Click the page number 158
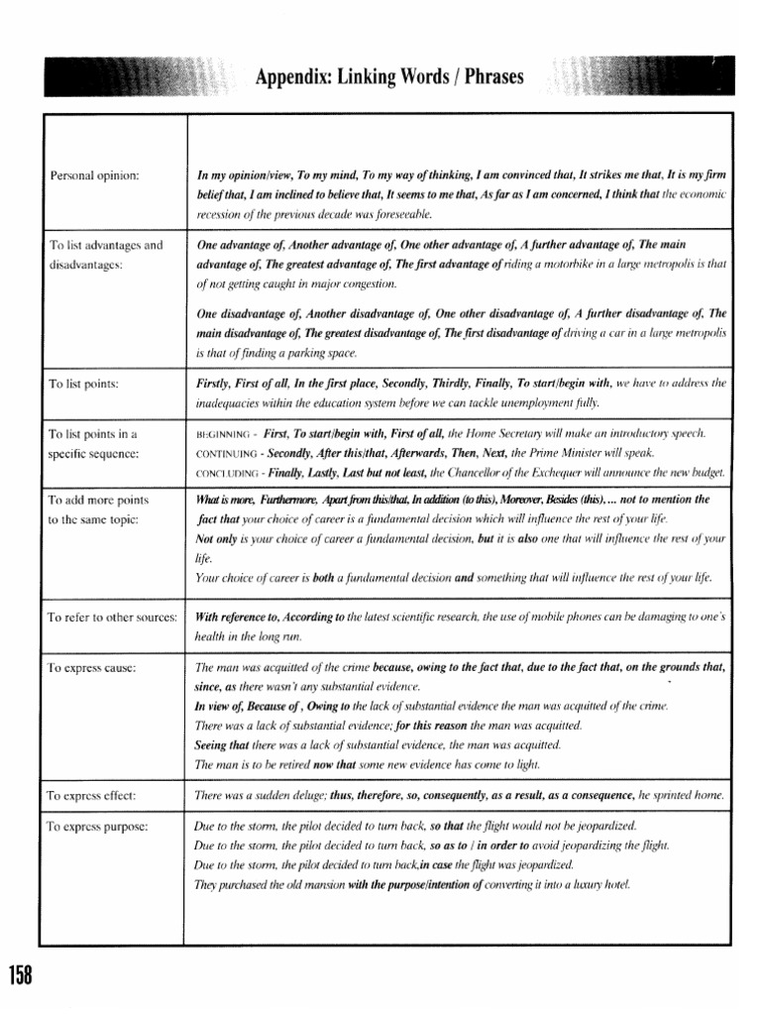(x=20, y=975)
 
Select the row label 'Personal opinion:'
(x=94, y=175)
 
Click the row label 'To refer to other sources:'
(x=112, y=618)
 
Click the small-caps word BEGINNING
(x=225, y=434)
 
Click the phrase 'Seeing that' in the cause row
(x=222, y=744)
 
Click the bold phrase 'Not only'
(x=218, y=539)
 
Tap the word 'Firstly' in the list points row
(x=215, y=383)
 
